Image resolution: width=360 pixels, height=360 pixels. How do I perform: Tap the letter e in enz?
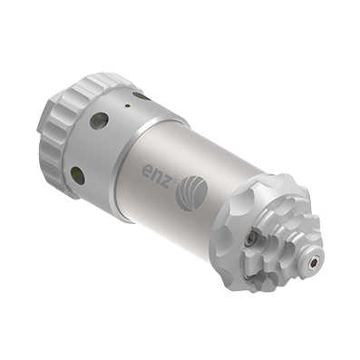[x=147, y=170]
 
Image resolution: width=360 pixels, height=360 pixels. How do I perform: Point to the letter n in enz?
[x=159, y=176]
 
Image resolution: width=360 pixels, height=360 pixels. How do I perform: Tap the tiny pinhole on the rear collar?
[x=128, y=106]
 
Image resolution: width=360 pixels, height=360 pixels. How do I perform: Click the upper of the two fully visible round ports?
[x=99, y=121]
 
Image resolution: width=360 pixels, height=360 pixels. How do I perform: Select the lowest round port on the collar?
[x=78, y=175]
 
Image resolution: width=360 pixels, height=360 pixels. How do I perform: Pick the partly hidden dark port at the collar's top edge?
[x=141, y=96]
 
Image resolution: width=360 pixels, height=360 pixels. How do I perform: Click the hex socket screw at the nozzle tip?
[x=314, y=263]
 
